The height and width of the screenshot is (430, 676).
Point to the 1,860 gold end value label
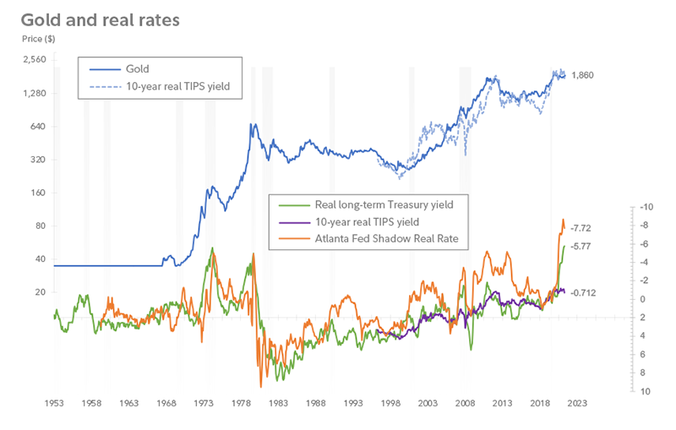click(x=584, y=76)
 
